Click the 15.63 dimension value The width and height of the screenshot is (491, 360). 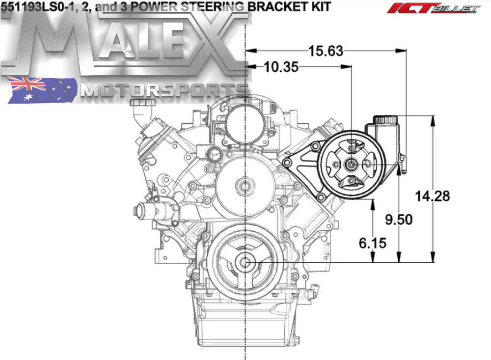pos(326,51)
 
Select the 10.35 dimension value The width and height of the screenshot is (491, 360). pos(281,67)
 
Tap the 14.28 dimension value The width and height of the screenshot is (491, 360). pos(433,196)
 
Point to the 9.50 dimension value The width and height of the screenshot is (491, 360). pos(399,220)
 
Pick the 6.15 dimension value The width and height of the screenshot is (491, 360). pos(373,243)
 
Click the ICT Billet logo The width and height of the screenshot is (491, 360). pos(433,8)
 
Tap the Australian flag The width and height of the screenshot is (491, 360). pos(42,90)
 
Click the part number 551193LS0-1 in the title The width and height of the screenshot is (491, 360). pos(36,7)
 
